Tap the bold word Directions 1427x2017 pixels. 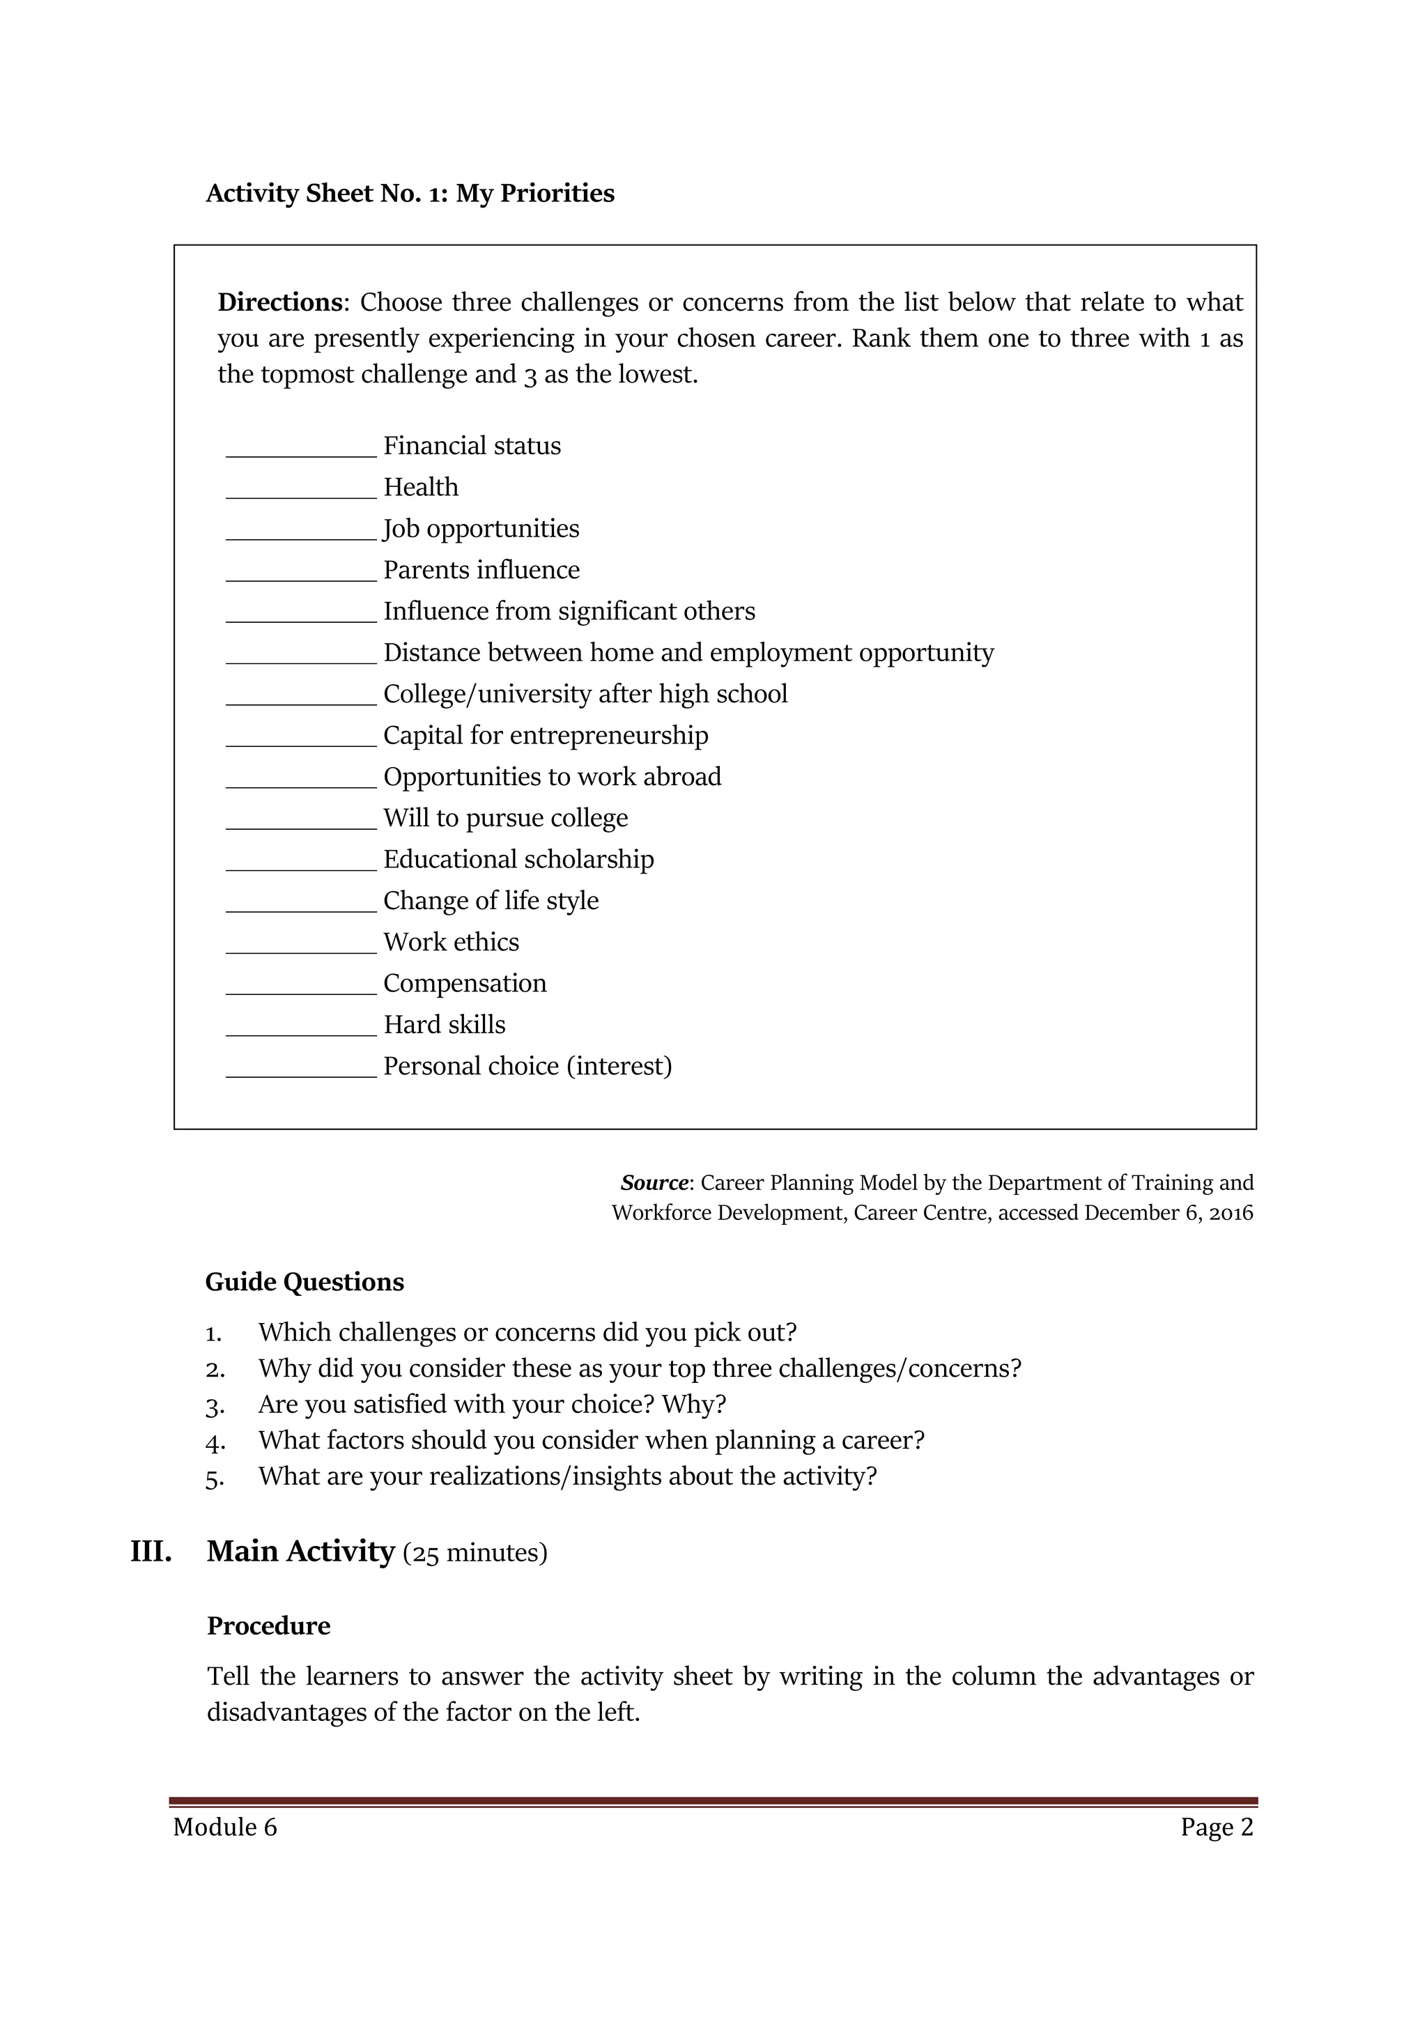coord(279,302)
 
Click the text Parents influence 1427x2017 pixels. coord(481,570)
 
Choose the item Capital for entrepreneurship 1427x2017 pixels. coord(545,735)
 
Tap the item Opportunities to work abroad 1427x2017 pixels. coord(552,777)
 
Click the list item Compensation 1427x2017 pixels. coord(464,983)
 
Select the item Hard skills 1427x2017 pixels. coord(444,1024)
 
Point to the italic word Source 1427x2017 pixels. coord(654,1182)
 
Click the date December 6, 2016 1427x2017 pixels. coord(1168,1213)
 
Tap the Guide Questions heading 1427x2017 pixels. coord(304,1282)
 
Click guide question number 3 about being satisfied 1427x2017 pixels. coord(491,1405)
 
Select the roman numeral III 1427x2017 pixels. coord(151,1552)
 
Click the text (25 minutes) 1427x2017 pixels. coord(475,1553)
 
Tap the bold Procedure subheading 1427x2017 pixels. coord(268,1625)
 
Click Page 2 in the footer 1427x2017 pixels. coord(1216,1827)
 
